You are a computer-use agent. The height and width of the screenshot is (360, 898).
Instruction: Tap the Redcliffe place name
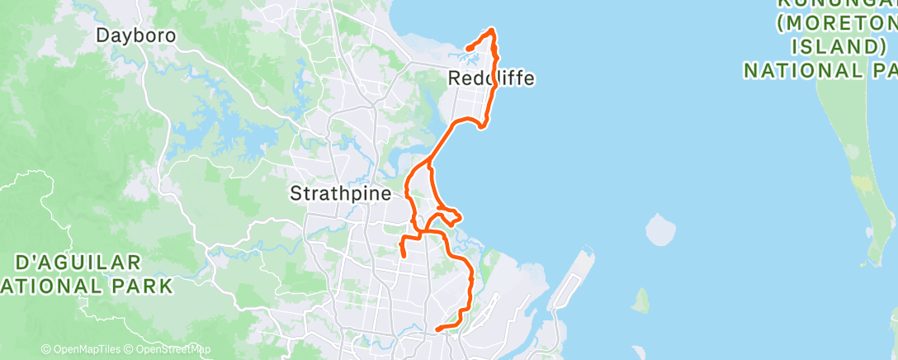[491, 78]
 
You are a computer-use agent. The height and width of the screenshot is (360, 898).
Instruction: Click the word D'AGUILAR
[79, 263]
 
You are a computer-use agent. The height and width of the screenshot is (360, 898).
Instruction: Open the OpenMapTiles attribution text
[83, 349]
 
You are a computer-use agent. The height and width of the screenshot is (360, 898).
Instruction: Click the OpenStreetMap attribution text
[169, 349]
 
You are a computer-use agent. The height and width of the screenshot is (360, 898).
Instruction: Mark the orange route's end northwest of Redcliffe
[467, 49]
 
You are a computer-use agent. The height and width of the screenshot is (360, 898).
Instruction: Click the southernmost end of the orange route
[437, 329]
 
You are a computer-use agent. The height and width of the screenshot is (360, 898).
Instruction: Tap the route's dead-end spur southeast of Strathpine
[403, 256]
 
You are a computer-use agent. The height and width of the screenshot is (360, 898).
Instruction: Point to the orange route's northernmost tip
[493, 31]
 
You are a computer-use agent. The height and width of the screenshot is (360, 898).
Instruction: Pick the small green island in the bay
[640, 301]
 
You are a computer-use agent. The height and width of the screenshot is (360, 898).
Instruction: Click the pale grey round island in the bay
[659, 230]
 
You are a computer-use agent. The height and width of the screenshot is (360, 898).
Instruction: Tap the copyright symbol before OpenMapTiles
[45, 349]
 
